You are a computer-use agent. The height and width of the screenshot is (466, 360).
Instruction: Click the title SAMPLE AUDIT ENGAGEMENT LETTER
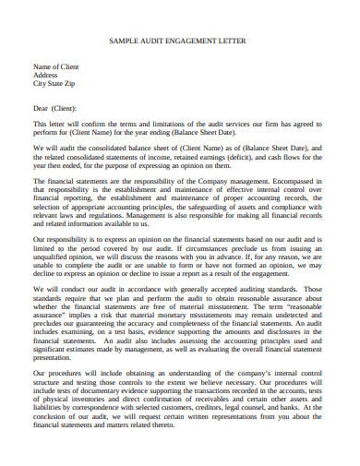(179, 42)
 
